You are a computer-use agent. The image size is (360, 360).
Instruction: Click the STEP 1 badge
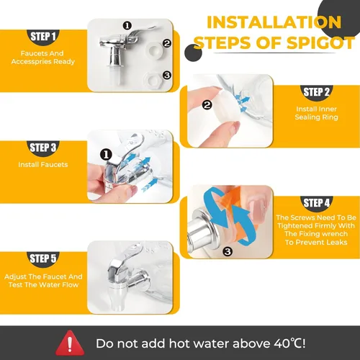pyautogui.click(x=43, y=37)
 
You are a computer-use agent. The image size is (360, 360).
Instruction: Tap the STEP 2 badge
pyautogui.click(x=316, y=93)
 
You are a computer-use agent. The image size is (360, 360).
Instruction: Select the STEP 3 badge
pyautogui.click(x=43, y=148)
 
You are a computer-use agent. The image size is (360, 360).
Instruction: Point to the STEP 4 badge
pyautogui.click(x=316, y=204)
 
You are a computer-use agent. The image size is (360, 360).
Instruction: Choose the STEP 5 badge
pyautogui.click(x=43, y=259)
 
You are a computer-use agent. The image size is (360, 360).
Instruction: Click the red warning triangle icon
pyautogui.click(x=70, y=343)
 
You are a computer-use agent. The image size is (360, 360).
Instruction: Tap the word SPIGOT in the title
pyautogui.click(x=320, y=43)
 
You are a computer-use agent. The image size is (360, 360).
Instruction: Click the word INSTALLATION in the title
pyautogui.click(x=274, y=22)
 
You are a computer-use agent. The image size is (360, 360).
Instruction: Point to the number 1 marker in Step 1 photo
pyautogui.click(x=127, y=25)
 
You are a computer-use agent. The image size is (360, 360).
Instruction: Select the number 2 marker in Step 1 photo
pyautogui.click(x=167, y=43)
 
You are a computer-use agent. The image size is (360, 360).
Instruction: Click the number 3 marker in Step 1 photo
pyautogui.click(x=166, y=75)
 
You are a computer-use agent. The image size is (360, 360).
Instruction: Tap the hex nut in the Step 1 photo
pyautogui.click(x=153, y=79)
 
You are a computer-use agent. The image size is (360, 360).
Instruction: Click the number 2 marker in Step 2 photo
pyautogui.click(x=207, y=104)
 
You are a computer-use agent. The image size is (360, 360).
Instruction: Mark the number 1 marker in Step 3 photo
pyautogui.click(x=106, y=155)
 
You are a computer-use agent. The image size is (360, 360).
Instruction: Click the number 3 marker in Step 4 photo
pyautogui.click(x=228, y=251)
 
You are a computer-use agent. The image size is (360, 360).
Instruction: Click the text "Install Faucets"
pyautogui.click(x=43, y=165)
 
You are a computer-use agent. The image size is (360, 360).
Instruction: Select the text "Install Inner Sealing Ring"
pyautogui.click(x=316, y=113)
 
